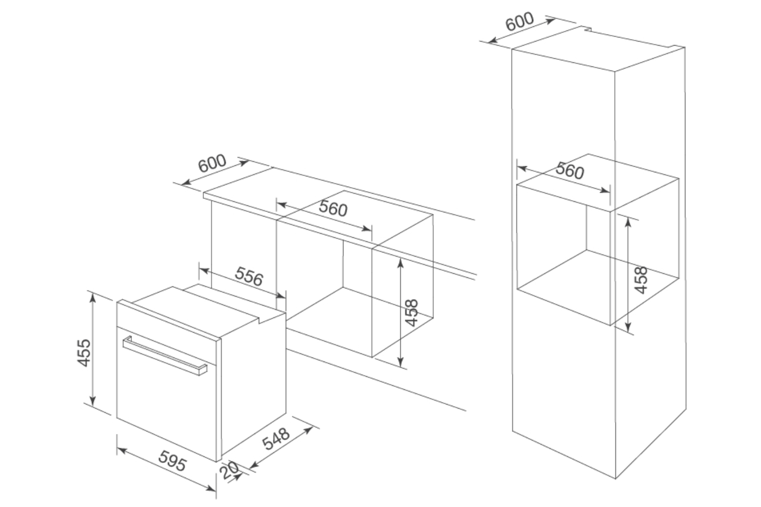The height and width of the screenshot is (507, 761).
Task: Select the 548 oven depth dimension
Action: [x=276, y=439]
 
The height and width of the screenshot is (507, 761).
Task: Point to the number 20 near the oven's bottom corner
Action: [x=230, y=471]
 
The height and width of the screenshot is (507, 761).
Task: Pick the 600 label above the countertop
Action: [x=212, y=163]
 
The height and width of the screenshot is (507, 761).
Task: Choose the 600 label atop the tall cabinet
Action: [x=520, y=21]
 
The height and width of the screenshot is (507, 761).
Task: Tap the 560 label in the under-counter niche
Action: [x=333, y=208]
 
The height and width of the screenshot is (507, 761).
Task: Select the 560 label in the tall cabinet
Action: [x=569, y=170]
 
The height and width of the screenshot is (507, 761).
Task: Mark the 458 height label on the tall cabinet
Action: [x=641, y=279]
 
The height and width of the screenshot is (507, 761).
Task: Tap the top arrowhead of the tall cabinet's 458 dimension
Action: [x=628, y=222]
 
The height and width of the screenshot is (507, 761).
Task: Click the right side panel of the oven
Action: [x=254, y=385]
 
